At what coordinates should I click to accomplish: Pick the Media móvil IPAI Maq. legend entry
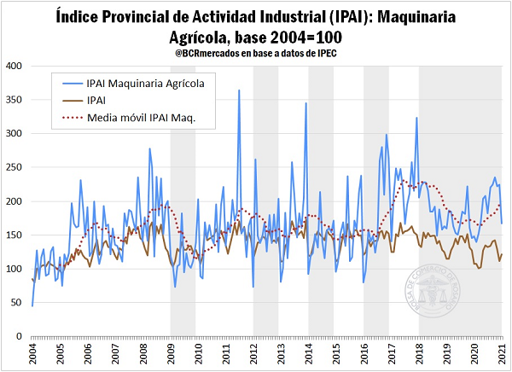[x=141, y=117]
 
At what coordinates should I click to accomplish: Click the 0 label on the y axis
[x=19, y=336]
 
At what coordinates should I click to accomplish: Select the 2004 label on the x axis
[x=32, y=354]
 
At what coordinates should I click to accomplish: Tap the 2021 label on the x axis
[x=503, y=354]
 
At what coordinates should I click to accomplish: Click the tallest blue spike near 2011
[x=239, y=90]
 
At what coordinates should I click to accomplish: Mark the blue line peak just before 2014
[x=305, y=103]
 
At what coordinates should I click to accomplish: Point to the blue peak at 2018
[x=416, y=118]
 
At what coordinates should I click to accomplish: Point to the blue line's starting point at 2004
[x=32, y=305]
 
